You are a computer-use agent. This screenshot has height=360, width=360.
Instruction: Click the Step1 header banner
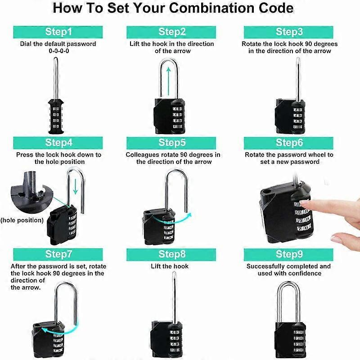point(58,32)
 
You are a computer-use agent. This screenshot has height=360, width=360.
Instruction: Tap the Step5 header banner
point(172,143)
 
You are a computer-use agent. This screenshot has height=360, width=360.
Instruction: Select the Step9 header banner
point(289,255)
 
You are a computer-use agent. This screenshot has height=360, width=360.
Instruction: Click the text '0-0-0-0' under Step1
point(58,51)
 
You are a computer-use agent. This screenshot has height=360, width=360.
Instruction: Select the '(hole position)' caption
point(22,220)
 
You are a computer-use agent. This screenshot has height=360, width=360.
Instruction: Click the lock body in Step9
point(289,339)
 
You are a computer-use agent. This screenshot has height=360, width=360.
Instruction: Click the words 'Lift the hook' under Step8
point(170,266)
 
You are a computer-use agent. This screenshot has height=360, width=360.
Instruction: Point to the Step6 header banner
point(289,143)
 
